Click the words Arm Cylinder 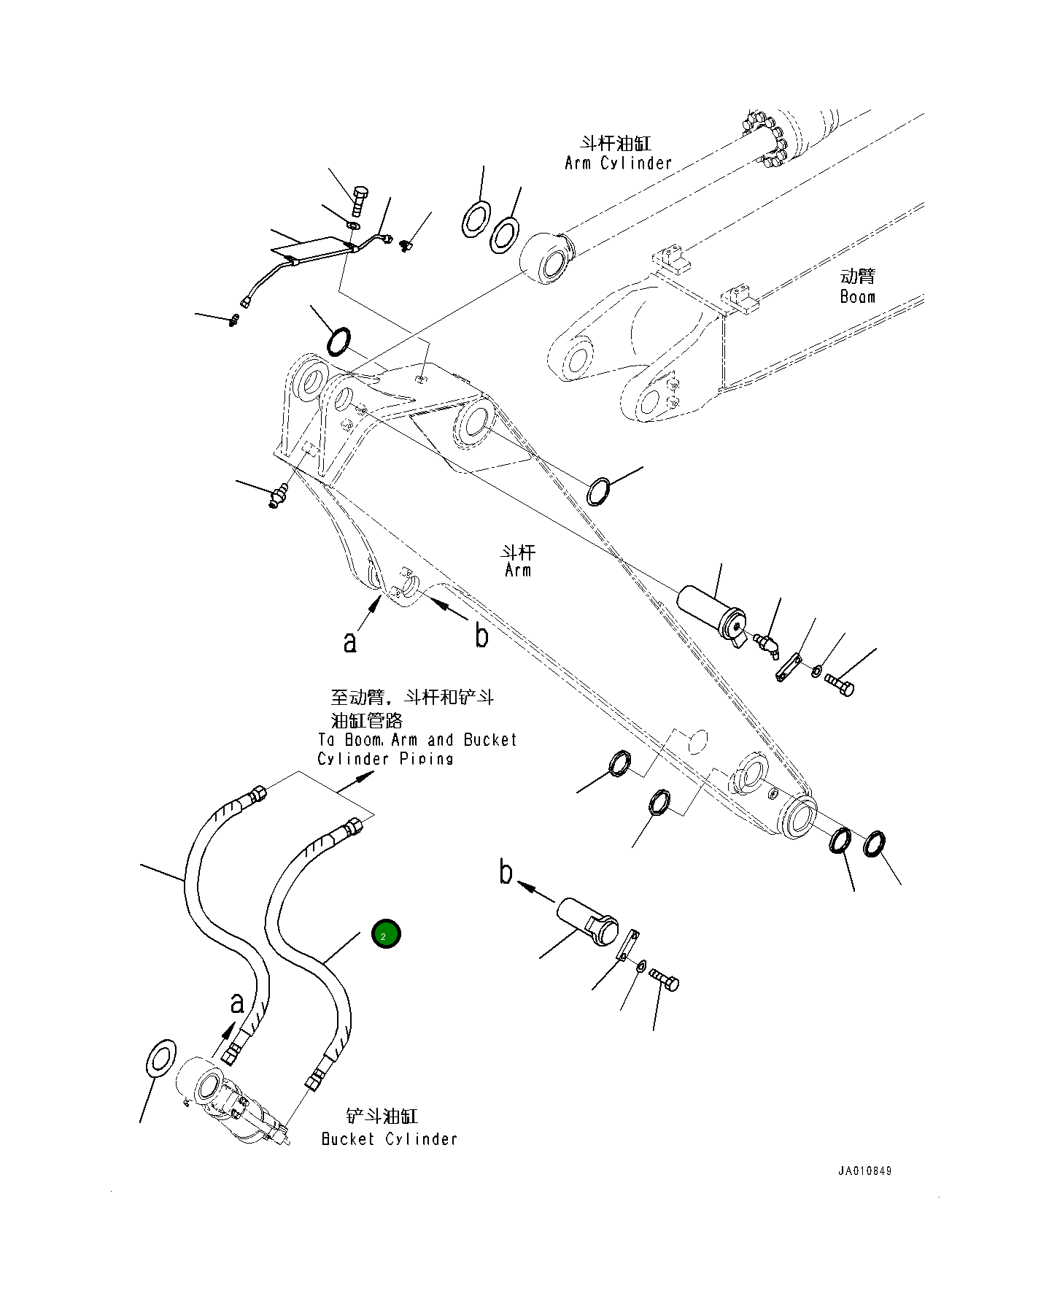pyautogui.click(x=618, y=163)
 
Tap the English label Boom pyautogui.click(x=857, y=296)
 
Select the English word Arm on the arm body pyautogui.click(x=518, y=570)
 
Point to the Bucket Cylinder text pyautogui.click(x=389, y=1139)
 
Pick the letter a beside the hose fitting pyautogui.click(x=236, y=1003)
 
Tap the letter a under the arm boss pyautogui.click(x=350, y=641)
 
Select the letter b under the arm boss pyautogui.click(x=481, y=635)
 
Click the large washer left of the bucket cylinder pyautogui.click(x=161, y=1057)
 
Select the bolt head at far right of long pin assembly pyautogui.click(x=840, y=685)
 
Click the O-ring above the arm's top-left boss pyautogui.click(x=338, y=342)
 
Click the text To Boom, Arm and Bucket pyautogui.click(x=417, y=739)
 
